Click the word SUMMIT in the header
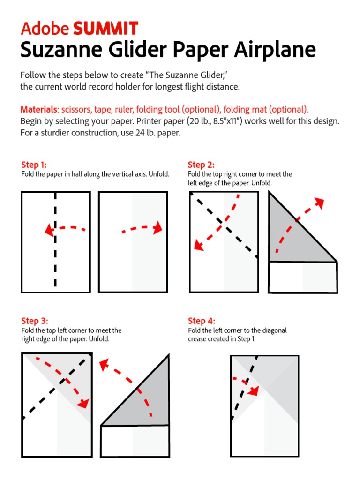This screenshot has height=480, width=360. point(105,29)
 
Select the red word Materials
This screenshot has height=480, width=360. point(38,110)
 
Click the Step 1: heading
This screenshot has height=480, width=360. point(34,165)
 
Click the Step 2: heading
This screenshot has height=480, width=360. point(201,165)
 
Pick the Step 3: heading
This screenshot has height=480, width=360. point(34,321)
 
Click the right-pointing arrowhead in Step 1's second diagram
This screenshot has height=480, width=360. point(158,228)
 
